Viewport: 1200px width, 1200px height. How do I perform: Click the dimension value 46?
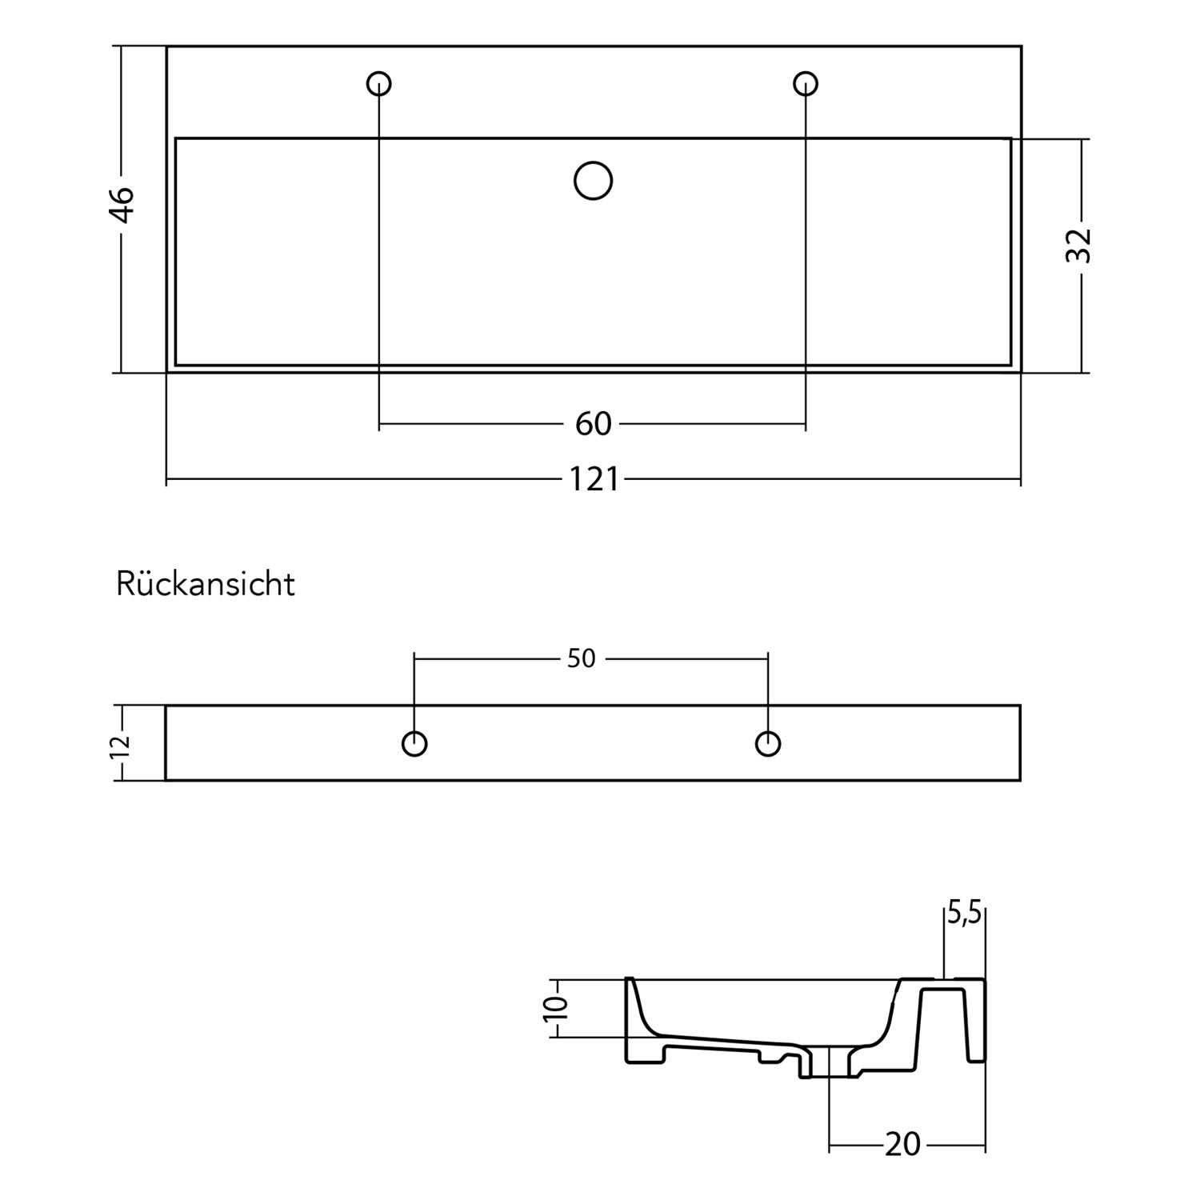[122, 205]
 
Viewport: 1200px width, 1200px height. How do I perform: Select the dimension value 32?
[1079, 246]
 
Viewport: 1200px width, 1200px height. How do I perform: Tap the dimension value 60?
[593, 424]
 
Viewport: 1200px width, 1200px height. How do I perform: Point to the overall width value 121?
[594, 480]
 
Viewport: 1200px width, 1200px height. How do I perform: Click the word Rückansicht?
[206, 584]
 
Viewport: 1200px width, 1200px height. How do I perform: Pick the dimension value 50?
[582, 658]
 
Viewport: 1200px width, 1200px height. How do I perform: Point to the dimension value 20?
[903, 1145]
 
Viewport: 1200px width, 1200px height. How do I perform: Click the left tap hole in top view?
[379, 83]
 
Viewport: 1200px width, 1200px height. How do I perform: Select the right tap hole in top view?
[806, 83]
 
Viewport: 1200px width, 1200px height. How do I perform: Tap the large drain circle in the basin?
[594, 181]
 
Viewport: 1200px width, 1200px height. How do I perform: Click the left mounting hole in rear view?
[414, 744]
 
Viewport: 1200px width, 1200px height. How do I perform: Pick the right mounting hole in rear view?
[768, 744]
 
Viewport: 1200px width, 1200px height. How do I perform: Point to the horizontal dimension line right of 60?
[712, 424]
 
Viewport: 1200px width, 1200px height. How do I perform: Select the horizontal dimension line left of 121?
[365, 480]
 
